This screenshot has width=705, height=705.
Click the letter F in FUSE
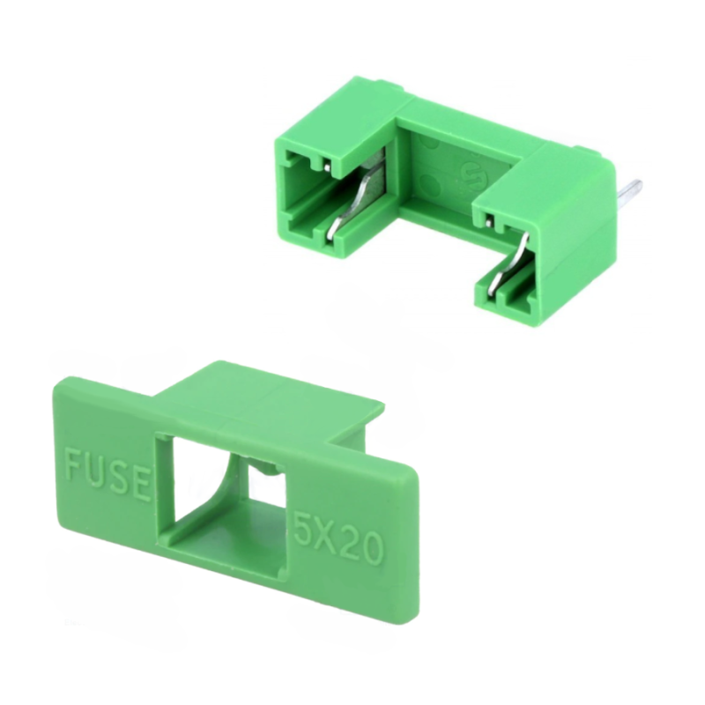(74, 462)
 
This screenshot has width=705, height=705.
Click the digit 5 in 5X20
(305, 527)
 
